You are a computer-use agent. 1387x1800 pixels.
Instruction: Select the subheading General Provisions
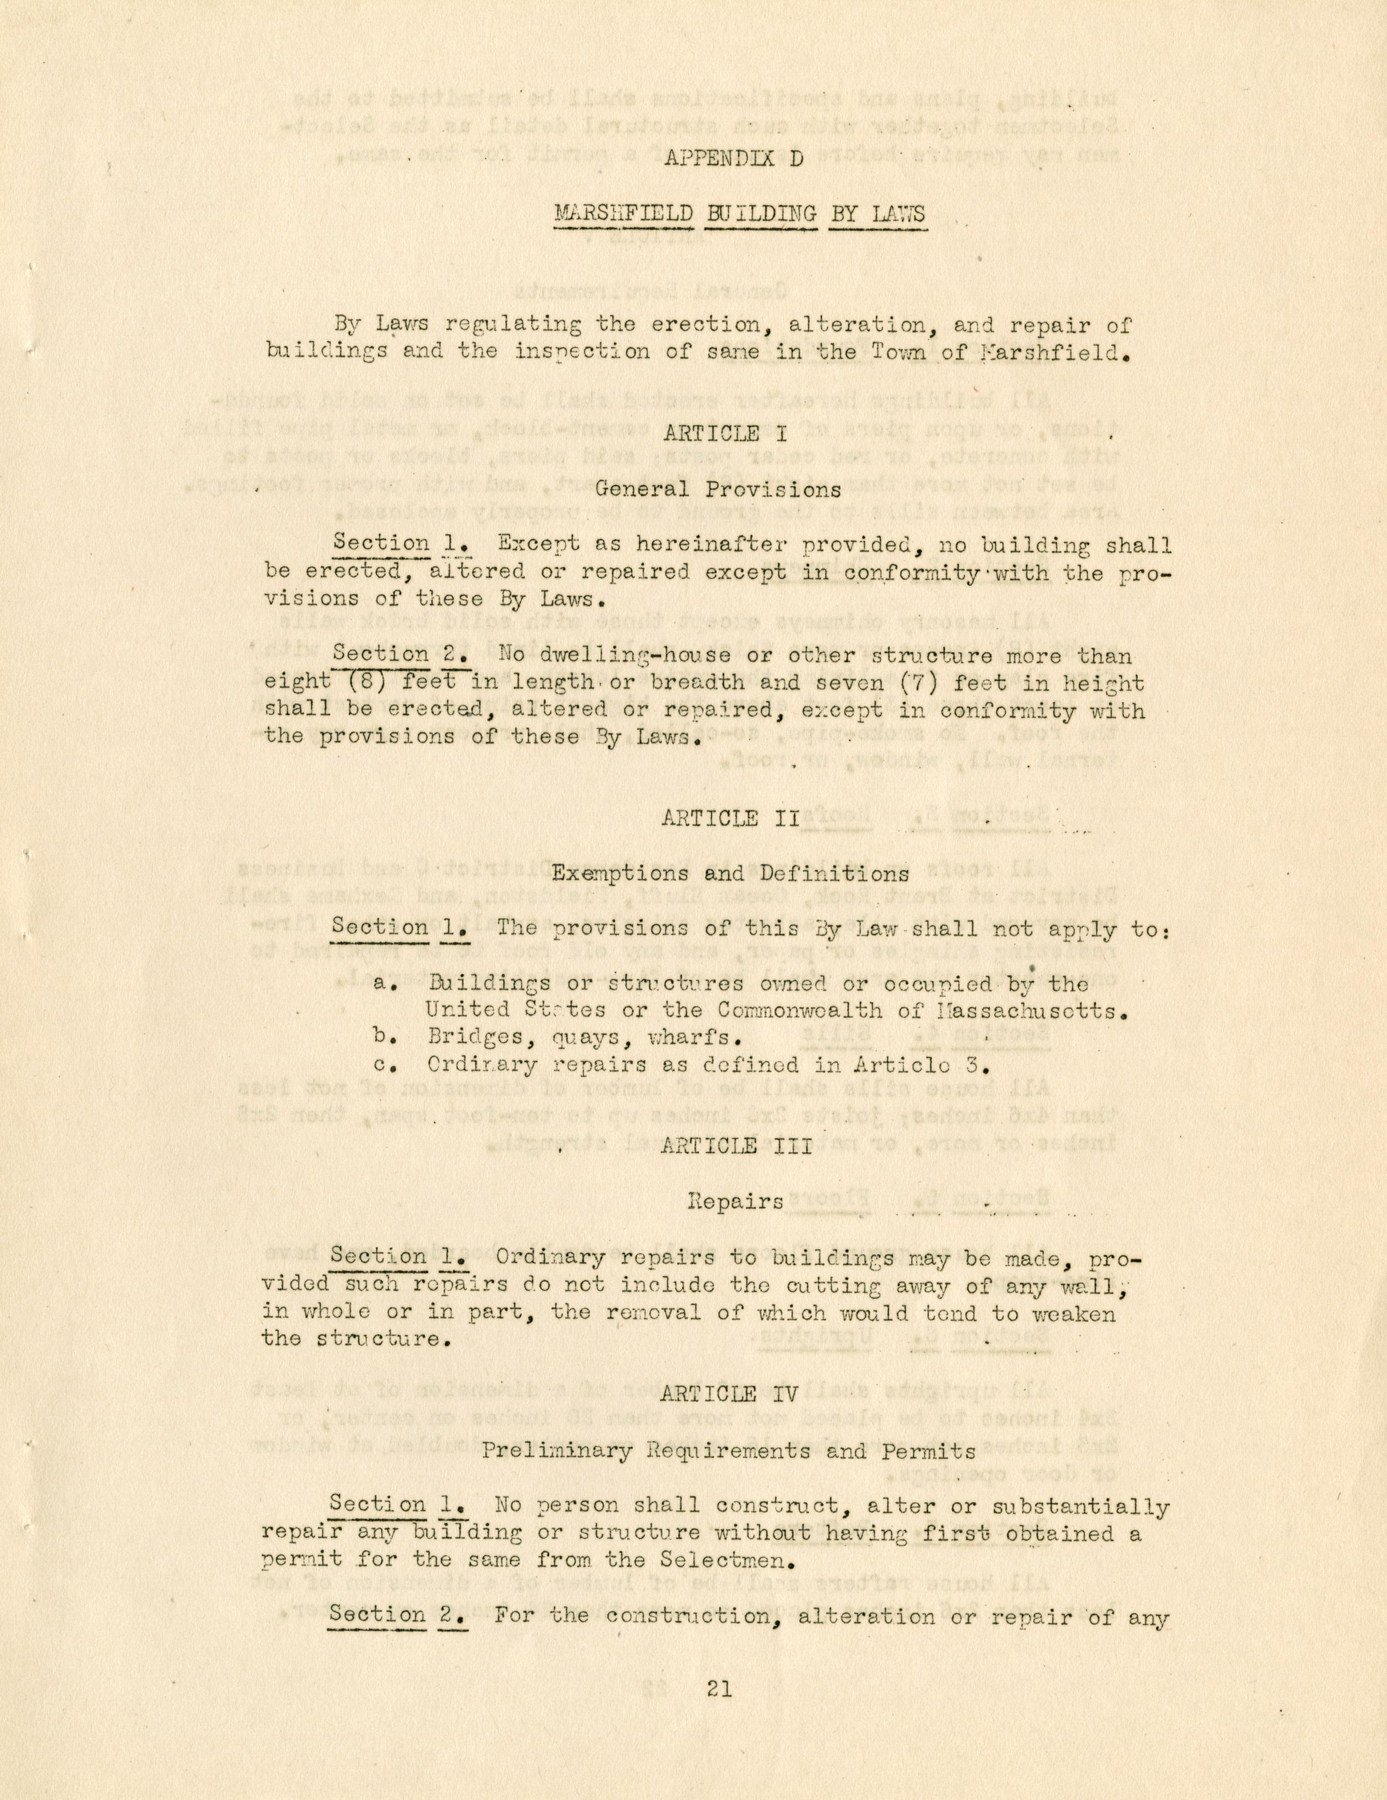(718, 489)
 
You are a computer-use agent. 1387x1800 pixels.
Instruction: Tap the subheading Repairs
(736, 1201)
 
